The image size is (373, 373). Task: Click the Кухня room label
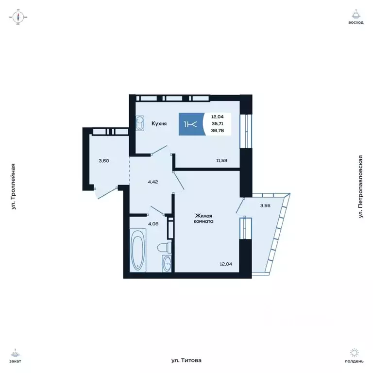point(159,124)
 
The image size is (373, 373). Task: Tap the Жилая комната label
point(205,218)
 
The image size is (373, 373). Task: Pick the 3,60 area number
point(103,160)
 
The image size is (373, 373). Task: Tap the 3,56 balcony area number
point(265,205)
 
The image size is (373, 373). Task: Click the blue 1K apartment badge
point(190,124)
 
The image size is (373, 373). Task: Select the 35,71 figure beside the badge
point(218,124)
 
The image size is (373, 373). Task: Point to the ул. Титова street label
point(186,360)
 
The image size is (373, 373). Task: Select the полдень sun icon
point(356,353)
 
